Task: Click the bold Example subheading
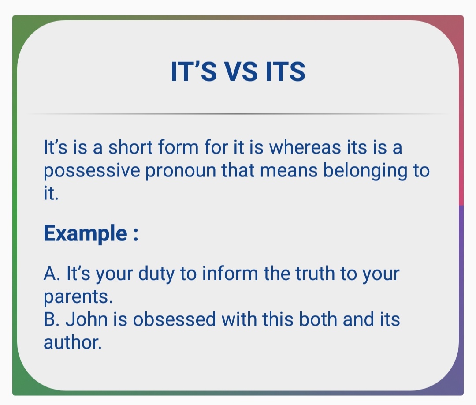[x=86, y=233]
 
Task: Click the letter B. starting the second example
[x=52, y=319]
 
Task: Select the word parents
[x=78, y=296]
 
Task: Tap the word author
[x=72, y=341]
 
